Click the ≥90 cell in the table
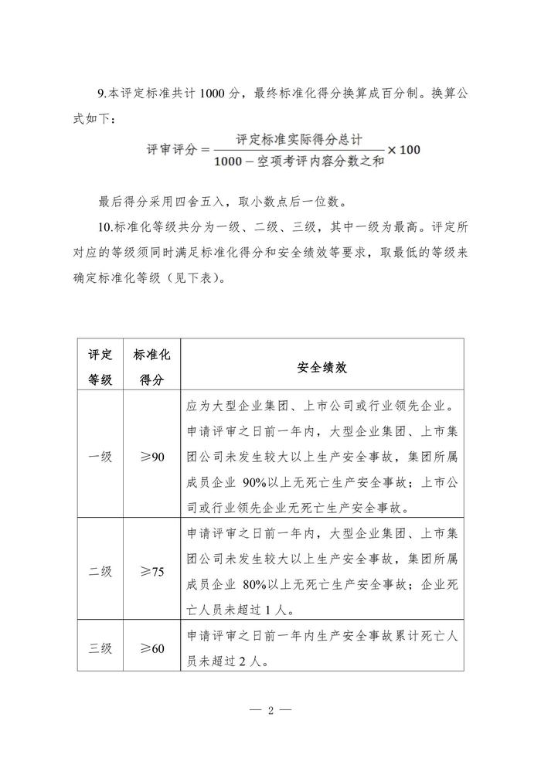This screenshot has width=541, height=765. tap(151, 457)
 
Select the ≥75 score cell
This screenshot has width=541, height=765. tap(151, 572)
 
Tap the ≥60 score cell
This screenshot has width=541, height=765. tap(151, 648)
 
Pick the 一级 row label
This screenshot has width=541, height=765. tap(100, 457)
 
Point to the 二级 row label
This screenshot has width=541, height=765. tap(100, 572)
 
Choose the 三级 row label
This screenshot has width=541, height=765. tap(100, 648)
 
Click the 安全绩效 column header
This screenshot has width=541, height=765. tap(322, 368)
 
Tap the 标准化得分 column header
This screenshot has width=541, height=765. tap(151, 368)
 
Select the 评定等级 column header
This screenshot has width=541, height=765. tap(100, 368)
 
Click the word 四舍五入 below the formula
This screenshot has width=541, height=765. tap(200, 203)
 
